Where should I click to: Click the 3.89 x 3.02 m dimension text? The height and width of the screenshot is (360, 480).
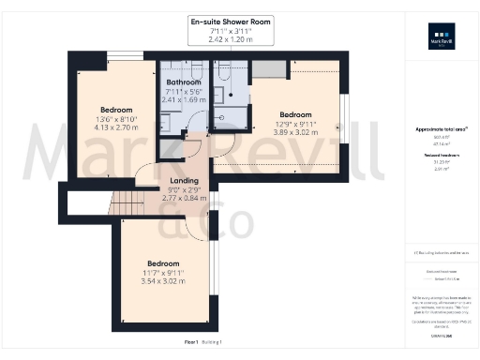(x=295, y=133)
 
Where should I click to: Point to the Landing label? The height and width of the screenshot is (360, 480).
(x=183, y=180)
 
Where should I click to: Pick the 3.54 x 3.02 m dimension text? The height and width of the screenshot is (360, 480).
(x=163, y=281)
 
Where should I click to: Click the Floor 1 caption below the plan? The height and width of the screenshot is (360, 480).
(x=191, y=343)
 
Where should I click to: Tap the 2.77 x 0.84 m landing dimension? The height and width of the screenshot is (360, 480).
(x=183, y=198)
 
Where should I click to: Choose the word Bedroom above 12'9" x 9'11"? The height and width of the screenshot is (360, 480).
(x=295, y=115)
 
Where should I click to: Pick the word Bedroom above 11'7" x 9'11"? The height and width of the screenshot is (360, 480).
(x=163, y=263)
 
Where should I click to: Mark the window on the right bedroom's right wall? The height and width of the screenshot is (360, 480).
(x=343, y=122)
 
